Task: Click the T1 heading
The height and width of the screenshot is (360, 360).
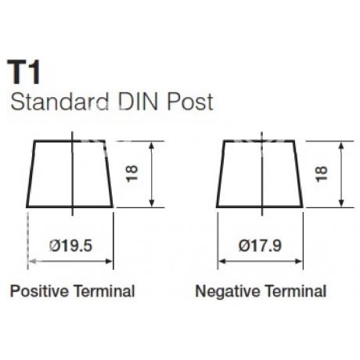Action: (x=24, y=72)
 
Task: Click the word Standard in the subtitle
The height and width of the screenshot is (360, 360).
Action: (x=59, y=102)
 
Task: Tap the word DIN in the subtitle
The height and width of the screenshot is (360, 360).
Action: (x=139, y=102)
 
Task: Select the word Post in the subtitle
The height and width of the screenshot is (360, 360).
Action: (x=190, y=102)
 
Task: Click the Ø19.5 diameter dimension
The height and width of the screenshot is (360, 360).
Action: (x=70, y=246)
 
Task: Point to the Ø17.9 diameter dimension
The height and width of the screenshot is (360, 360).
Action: (x=260, y=246)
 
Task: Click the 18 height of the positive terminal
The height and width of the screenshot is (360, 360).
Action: (x=132, y=173)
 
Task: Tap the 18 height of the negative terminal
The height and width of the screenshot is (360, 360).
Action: (x=322, y=174)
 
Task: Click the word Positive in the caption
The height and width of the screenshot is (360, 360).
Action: (x=39, y=291)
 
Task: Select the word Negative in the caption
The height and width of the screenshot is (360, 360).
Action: (x=228, y=291)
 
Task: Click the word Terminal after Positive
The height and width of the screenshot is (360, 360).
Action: (x=104, y=291)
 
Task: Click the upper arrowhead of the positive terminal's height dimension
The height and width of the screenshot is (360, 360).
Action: (x=152, y=146)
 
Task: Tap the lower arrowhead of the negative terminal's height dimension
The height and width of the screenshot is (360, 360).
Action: (x=341, y=203)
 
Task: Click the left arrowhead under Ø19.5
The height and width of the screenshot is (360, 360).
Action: (x=32, y=261)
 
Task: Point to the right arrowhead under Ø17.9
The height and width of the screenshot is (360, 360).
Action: (x=298, y=261)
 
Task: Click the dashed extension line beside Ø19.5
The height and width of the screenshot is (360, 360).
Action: (x=27, y=240)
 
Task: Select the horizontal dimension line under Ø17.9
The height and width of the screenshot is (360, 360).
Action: (x=260, y=261)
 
